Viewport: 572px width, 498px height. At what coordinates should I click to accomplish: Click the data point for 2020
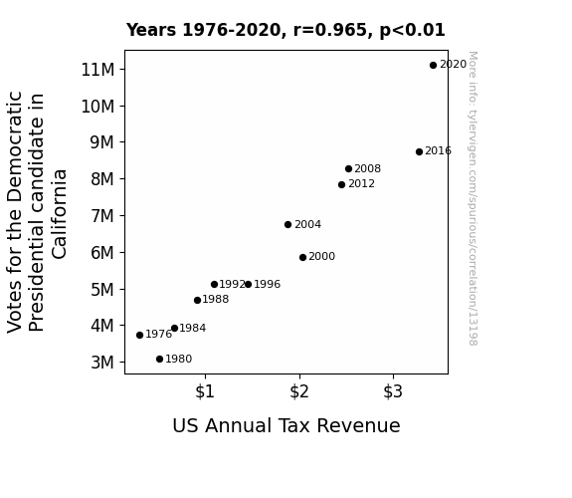[433, 66]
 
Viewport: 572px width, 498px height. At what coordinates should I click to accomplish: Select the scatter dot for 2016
[419, 151]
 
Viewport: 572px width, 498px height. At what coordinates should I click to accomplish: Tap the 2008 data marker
[349, 168]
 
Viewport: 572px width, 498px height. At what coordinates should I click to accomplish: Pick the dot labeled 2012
[341, 185]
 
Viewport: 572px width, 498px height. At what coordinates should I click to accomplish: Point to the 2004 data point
[287, 225]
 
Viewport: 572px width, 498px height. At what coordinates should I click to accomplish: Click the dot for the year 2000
[302, 258]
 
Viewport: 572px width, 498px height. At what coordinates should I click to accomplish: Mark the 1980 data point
[159, 360]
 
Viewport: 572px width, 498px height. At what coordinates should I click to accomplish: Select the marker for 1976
[139, 335]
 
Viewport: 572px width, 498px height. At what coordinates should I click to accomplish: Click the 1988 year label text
[216, 299]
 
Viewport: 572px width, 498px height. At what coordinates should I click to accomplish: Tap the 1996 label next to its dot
[267, 284]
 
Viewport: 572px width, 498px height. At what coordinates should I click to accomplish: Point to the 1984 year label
[193, 328]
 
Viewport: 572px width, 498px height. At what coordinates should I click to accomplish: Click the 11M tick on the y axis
[97, 70]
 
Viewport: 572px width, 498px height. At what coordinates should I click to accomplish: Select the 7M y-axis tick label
[102, 216]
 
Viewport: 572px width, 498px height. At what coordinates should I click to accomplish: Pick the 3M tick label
[102, 363]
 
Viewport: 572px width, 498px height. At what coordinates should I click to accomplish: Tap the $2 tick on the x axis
[299, 391]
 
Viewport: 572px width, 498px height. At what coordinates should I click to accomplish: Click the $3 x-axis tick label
[393, 391]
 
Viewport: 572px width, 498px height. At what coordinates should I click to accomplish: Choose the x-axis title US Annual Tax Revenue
[286, 425]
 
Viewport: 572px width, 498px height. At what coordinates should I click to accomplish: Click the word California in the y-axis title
[59, 214]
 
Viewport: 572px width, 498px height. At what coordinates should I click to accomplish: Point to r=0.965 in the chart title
[330, 30]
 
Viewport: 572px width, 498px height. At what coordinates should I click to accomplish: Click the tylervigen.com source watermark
[473, 198]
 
